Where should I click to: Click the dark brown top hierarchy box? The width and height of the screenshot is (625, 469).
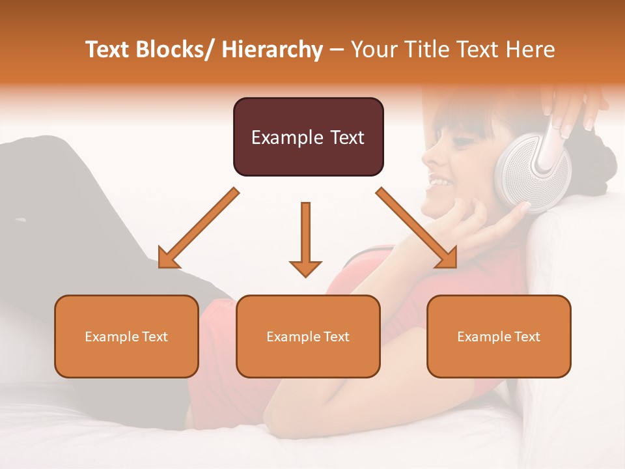click(x=308, y=137)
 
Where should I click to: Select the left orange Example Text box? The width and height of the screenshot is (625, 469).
click(x=126, y=336)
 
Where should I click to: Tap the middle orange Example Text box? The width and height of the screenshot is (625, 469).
click(x=308, y=336)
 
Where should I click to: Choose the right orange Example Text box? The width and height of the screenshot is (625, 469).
click(x=499, y=336)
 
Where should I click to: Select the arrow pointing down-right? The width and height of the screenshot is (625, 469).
click(x=417, y=228)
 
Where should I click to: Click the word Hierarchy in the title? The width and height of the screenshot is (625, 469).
click(x=272, y=50)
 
